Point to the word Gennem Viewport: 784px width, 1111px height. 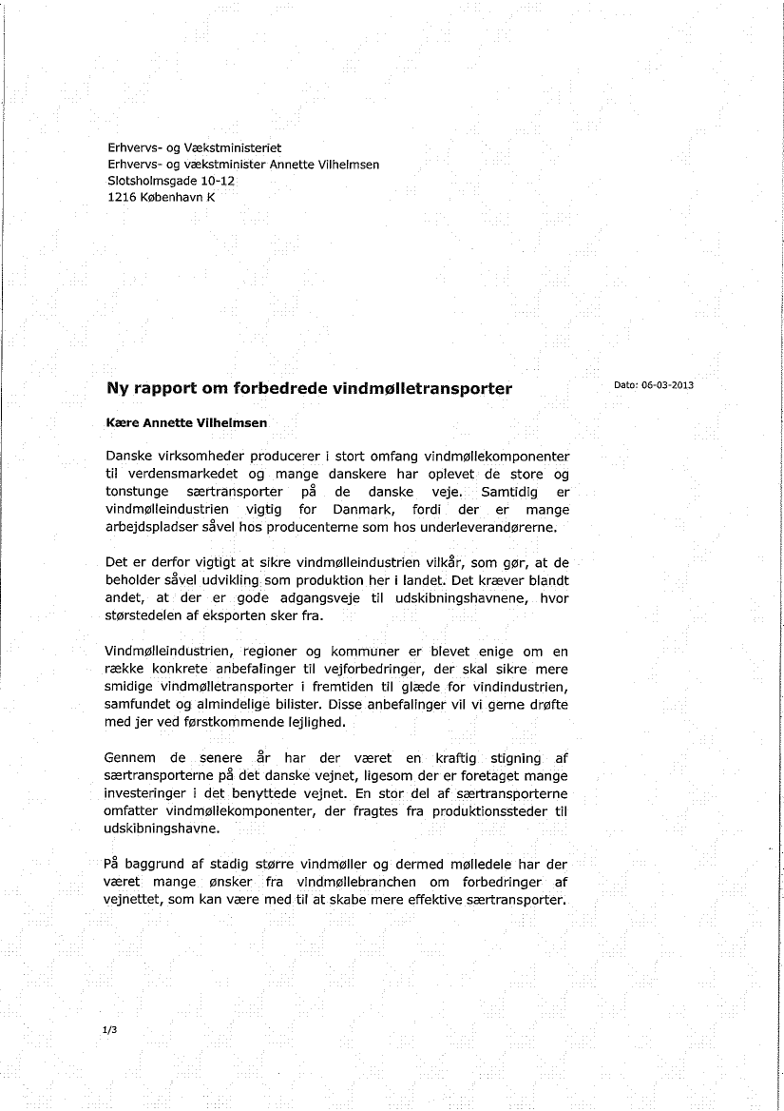coord(130,758)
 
